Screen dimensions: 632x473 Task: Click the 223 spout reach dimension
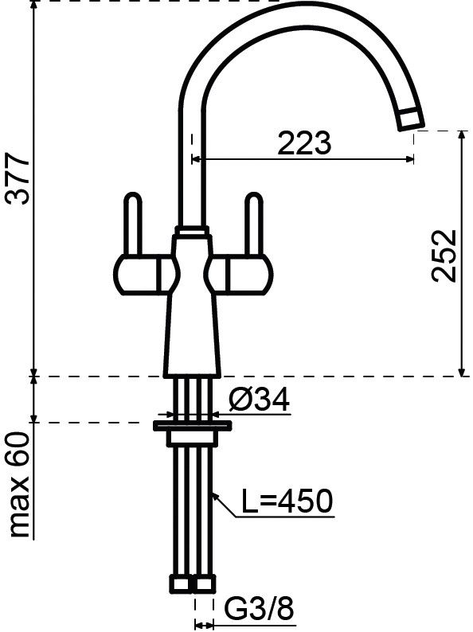pos(303,143)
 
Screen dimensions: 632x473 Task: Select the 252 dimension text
pos(442,256)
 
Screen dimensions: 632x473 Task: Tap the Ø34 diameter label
pos(257,400)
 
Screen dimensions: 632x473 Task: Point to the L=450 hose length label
pos(284,502)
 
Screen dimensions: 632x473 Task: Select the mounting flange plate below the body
pos(192,427)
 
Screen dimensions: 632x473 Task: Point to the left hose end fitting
pos(182,585)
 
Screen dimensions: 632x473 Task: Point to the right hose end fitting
pos(205,585)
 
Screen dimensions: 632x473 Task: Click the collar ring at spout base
pos(192,232)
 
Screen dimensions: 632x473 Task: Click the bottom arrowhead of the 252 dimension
pos(462,370)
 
